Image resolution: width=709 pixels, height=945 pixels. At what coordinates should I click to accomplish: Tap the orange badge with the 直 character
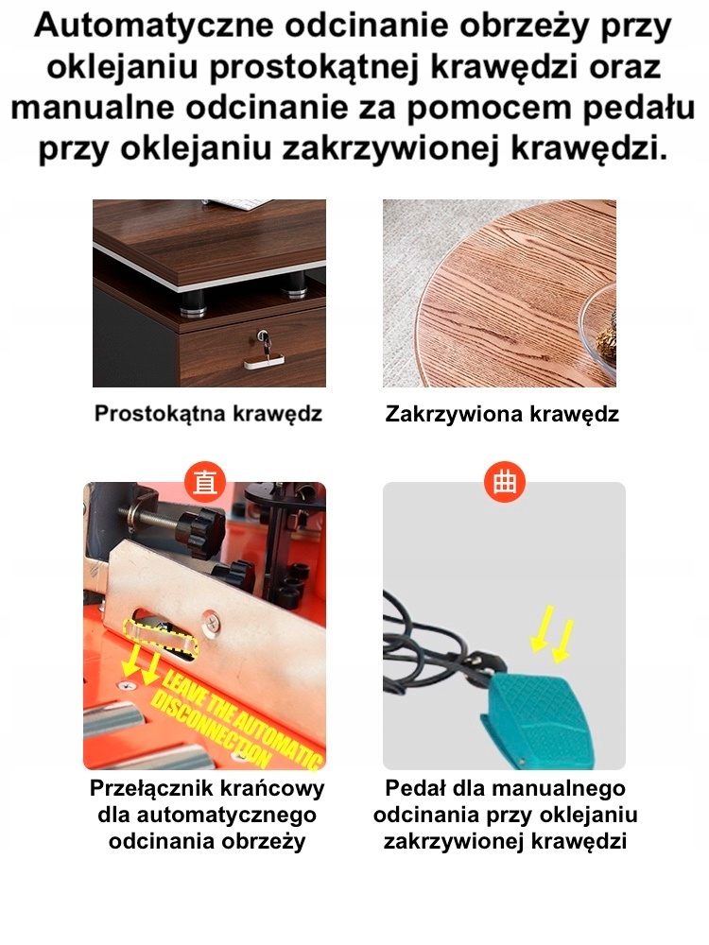(x=205, y=482)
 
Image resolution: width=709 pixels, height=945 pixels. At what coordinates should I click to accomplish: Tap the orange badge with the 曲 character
(x=505, y=482)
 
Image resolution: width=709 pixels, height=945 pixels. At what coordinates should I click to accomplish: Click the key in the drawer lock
(x=265, y=341)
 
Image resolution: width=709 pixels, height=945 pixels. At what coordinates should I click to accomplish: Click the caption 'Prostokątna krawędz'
(x=209, y=414)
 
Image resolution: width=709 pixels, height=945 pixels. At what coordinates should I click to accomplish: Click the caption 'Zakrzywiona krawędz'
(x=502, y=414)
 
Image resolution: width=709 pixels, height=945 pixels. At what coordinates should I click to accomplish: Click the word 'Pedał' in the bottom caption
(x=414, y=788)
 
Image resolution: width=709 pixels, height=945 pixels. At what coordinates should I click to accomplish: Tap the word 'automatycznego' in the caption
(x=207, y=815)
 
